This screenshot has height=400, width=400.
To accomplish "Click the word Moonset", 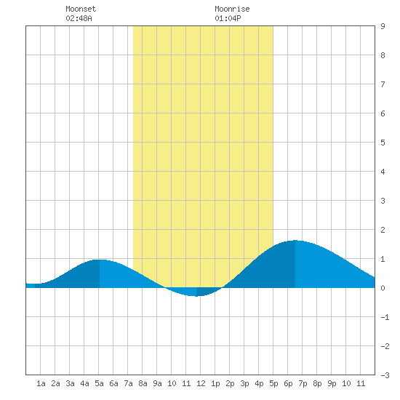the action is click(81, 9).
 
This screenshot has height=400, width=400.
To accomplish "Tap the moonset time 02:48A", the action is click(79, 18).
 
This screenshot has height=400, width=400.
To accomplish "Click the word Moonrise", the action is click(232, 9).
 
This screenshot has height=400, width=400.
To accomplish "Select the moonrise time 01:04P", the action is click(228, 18).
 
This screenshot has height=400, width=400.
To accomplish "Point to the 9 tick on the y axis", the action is click(383, 26).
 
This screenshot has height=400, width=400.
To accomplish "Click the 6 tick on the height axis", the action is click(383, 113).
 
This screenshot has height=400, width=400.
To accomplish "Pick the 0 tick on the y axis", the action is click(383, 288).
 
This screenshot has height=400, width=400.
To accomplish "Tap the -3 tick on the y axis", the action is click(385, 375).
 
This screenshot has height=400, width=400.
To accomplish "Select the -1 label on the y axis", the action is click(385, 317).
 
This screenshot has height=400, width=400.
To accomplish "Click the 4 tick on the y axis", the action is click(383, 172).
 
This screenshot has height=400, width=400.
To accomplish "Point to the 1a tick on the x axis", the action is click(41, 383).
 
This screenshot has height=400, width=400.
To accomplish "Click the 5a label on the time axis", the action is click(99, 383).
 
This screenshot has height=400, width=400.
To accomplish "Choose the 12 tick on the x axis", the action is click(201, 383).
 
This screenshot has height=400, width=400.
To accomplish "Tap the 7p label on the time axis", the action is click(303, 383).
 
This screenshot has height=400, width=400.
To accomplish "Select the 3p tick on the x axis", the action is click(244, 383).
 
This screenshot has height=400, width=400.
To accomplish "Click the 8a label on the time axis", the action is click(143, 383).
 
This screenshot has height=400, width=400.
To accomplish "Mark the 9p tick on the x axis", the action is click(332, 383).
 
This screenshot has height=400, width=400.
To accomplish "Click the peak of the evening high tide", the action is click(295, 240).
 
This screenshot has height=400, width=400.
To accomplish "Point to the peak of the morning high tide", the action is click(99, 260).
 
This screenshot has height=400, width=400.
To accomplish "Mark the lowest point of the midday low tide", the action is click(196, 296).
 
